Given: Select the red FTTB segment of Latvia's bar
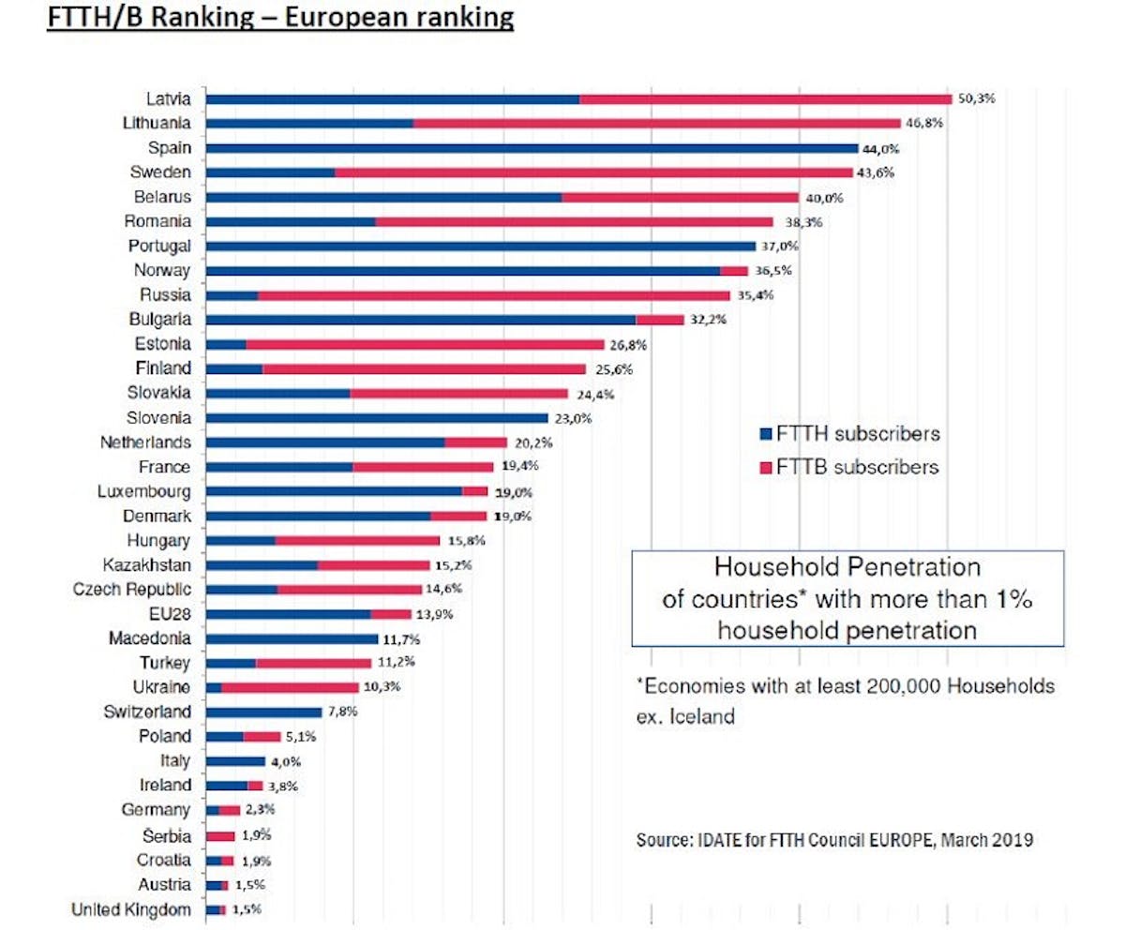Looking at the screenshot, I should [765, 98].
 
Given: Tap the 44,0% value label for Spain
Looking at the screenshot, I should [881, 148].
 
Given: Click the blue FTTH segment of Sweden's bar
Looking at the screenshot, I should [270, 172].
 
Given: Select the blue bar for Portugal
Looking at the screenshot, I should [480, 246].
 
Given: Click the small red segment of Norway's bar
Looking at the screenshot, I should [734, 271].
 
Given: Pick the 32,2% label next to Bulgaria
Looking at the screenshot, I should [708, 320].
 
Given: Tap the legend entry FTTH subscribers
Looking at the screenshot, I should [848, 434].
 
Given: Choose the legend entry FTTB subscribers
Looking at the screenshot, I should [848, 467].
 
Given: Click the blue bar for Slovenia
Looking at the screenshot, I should [376, 418].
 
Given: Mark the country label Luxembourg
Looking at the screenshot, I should [144, 491].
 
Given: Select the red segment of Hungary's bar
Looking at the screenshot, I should [357, 541].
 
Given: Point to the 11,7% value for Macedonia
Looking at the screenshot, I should [401, 639].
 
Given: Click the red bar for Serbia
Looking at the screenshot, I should [220, 835].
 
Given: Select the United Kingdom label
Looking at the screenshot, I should [131, 909].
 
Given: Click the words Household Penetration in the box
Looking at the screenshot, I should [847, 568].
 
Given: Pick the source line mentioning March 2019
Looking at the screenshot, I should [834, 840].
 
